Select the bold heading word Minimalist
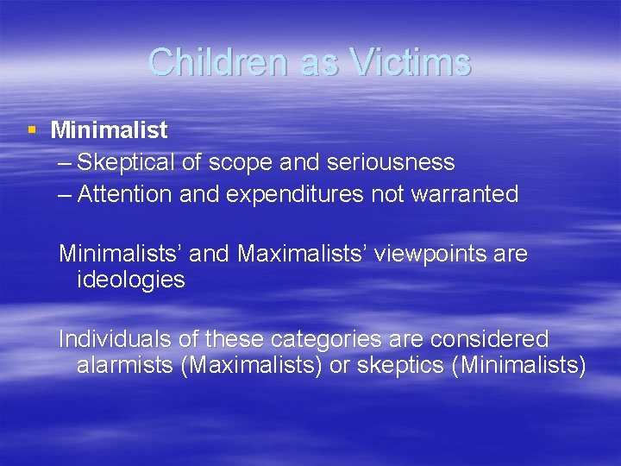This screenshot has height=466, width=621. [109, 131]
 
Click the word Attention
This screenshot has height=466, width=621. [126, 194]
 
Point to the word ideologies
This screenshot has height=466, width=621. [130, 280]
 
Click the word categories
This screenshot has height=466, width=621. [316, 339]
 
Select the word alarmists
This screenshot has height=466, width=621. [125, 365]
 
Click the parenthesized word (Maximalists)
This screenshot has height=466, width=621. [251, 365]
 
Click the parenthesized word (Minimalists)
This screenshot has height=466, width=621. [519, 365]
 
